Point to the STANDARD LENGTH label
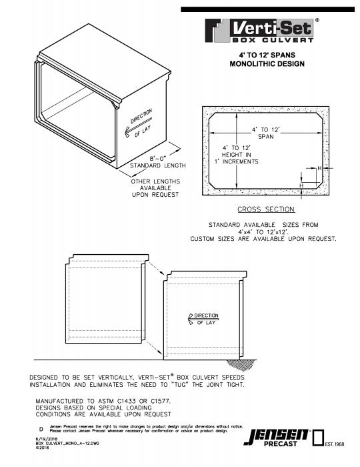157,165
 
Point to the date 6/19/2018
47,438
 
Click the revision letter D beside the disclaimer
41,428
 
